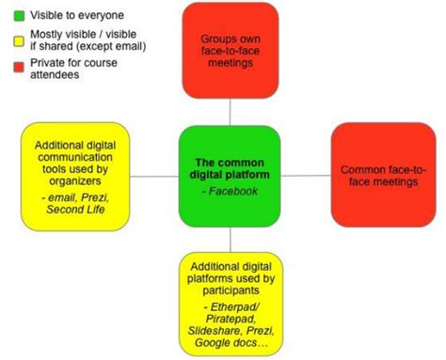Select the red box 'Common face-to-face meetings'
coord(382,175)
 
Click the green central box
coord(231,175)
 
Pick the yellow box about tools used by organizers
coord(76,177)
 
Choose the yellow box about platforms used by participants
coord(231,300)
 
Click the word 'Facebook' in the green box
coord(231,191)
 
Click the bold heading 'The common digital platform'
coord(231,167)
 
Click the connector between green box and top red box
coord(231,112)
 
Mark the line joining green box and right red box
coord(306,176)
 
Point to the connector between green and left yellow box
coord(155,176)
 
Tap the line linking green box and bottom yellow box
coord(231,238)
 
